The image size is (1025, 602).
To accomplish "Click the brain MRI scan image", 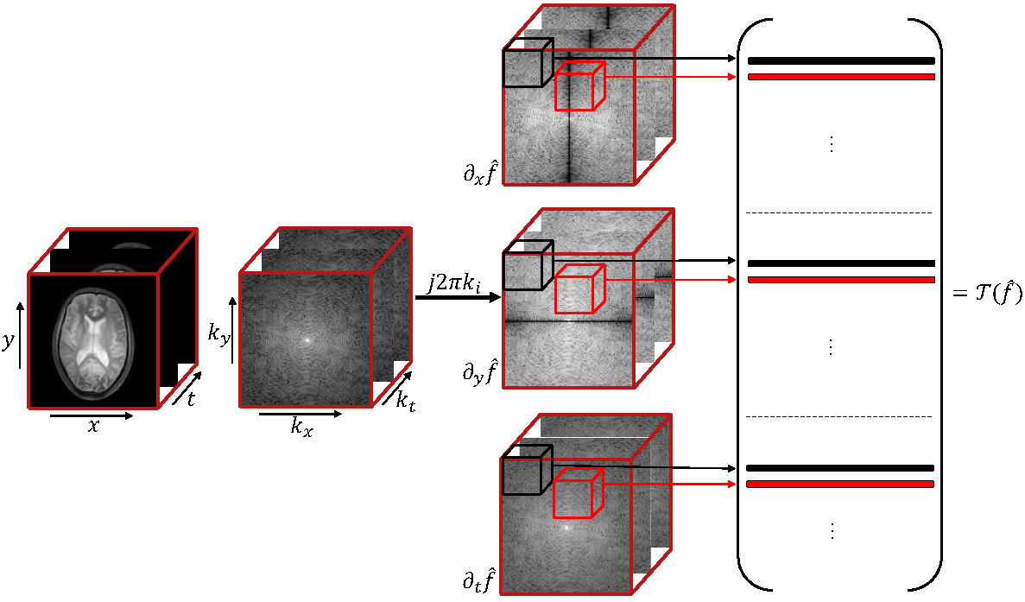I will [x=92, y=339].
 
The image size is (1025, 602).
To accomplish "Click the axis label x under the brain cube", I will [x=93, y=426].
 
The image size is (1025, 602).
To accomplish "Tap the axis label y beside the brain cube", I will [x=9, y=341].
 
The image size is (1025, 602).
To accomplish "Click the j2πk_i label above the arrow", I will [x=454, y=282].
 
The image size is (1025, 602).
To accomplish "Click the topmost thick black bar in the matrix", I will [x=841, y=61].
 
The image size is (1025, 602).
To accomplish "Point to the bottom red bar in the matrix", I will [x=841, y=484].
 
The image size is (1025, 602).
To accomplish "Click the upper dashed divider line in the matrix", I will [x=839, y=212].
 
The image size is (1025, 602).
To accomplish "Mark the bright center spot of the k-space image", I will [x=305, y=339].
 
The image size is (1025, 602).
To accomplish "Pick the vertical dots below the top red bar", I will [x=832, y=144].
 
